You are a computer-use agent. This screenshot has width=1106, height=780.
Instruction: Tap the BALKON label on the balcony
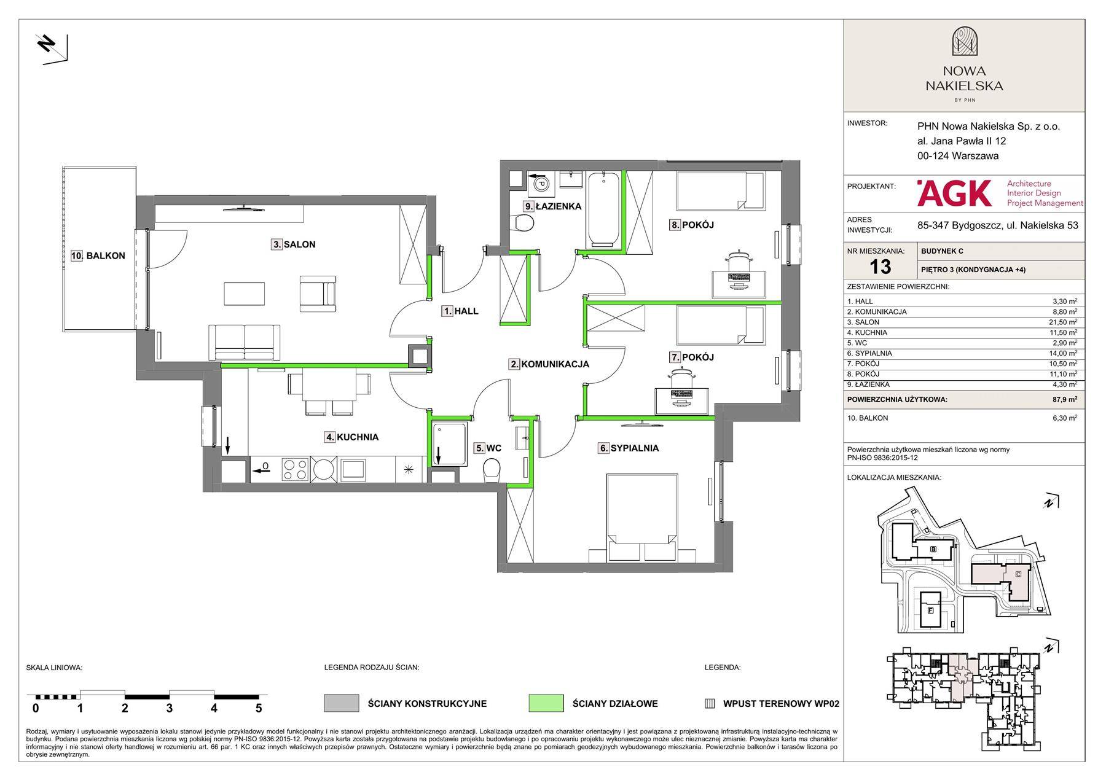click(x=98, y=256)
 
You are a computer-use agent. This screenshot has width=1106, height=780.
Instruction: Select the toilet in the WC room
click(x=492, y=470)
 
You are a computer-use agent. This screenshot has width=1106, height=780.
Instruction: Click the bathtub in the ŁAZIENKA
click(x=605, y=209)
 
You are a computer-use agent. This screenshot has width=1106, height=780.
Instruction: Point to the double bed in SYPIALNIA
click(x=641, y=517)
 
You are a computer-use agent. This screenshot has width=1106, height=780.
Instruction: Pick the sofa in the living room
click(x=245, y=341)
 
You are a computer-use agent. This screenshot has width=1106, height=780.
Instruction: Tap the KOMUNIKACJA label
click(x=549, y=364)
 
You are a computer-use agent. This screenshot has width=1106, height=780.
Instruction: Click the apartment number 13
click(x=880, y=267)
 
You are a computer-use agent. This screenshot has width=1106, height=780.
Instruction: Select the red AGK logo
click(x=954, y=193)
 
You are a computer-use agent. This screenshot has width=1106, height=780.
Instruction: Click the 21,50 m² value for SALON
click(x=1063, y=322)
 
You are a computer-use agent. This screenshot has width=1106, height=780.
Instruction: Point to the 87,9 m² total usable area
click(x=1065, y=400)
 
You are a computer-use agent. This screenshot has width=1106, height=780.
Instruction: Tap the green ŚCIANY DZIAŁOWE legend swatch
click(x=546, y=703)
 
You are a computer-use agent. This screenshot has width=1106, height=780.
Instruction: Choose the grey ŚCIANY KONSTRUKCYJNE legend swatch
click(x=341, y=703)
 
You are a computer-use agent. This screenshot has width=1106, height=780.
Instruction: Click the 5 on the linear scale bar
click(x=259, y=708)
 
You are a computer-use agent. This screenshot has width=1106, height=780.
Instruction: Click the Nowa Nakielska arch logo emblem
click(x=964, y=42)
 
